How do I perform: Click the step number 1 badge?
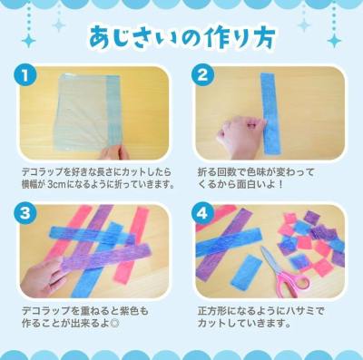coord(25,75)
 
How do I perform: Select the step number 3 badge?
coord(25,214)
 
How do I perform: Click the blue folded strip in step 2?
coord(270,113)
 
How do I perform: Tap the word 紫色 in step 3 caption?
coord(130,311)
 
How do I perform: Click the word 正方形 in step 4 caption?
coord(211,311)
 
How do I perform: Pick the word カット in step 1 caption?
coord(131,172)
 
